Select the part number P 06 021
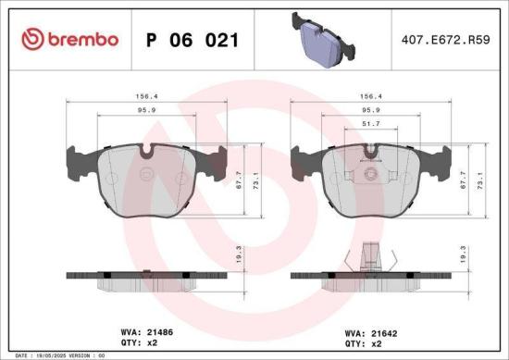point(192,40)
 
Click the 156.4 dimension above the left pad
point(146,95)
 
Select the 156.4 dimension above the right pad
point(370,95)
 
